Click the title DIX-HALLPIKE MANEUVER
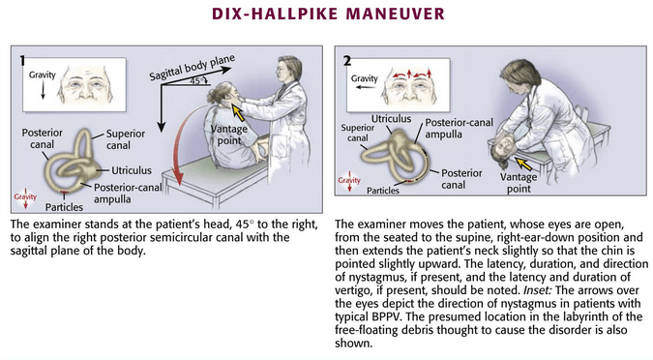(328, 14)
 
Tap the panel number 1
(22, 61)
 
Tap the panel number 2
(347, 61)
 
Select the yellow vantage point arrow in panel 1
(237, 112)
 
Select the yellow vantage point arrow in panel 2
(523, 164)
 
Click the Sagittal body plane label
(192, 68)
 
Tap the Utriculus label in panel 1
(132, 170)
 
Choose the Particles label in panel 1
(64, 207)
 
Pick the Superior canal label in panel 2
(358, 133)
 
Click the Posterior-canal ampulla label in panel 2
(459, 129)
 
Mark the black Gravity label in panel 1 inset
(42, 75)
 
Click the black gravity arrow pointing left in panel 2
(366, 87)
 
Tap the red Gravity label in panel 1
(25, 196)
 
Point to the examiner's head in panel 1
(288, 70)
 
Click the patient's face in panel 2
(506, 147)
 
